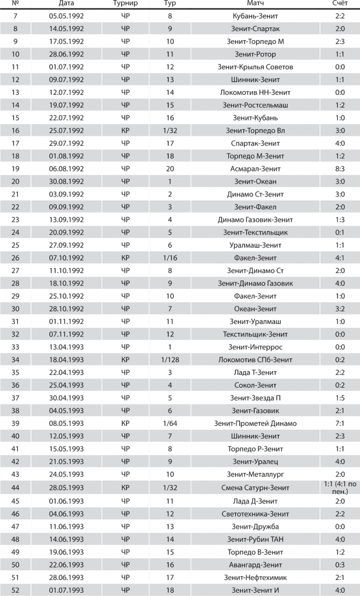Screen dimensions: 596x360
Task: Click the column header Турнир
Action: point(125,4)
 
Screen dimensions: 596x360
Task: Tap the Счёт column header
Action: point(339,4)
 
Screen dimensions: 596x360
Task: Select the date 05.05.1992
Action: point(67,16)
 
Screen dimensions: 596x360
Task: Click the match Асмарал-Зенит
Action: point(255,169)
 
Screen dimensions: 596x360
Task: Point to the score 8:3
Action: point(339,169)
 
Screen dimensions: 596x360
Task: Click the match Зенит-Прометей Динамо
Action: point(255,423)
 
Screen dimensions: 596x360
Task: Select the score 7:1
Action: point(339,423)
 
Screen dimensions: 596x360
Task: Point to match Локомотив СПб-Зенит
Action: point(255,360)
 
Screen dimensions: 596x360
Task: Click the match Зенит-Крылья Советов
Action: point(255,67)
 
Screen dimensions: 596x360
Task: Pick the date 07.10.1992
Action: point(67,258)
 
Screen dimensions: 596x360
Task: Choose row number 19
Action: point(15,169)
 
